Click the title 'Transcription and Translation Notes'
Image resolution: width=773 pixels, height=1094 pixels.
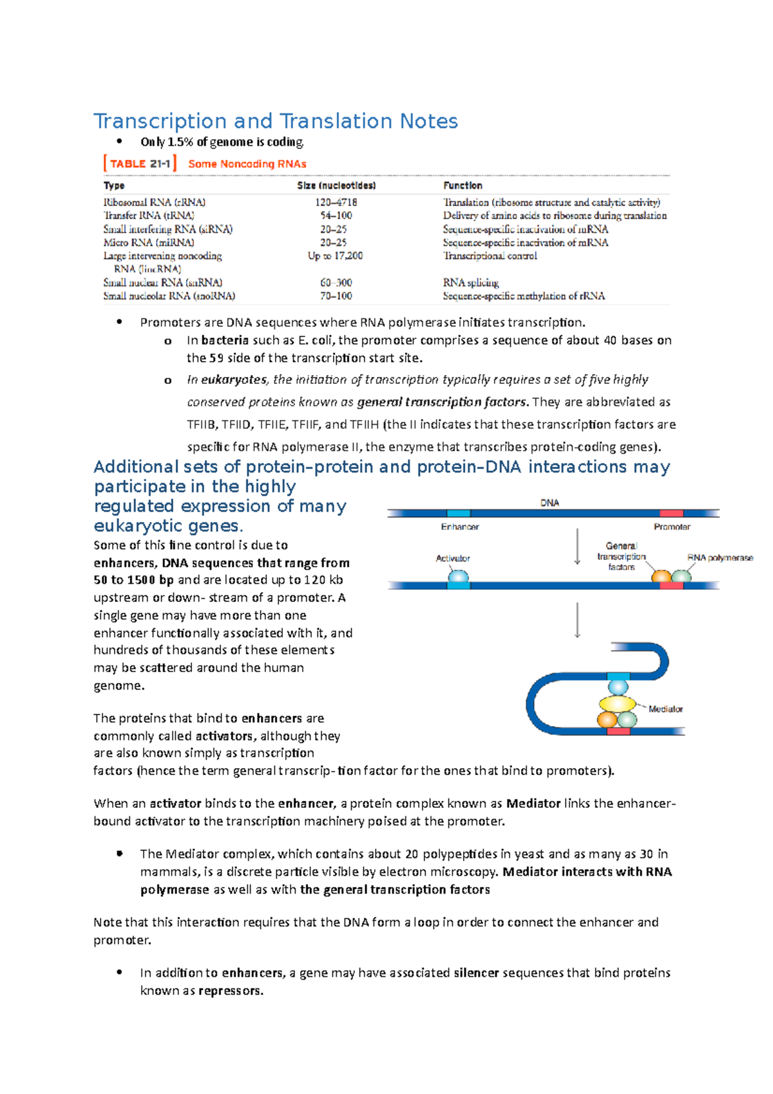(x=276, y=121)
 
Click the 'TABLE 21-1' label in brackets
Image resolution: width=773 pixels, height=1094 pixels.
(x=140, y=164)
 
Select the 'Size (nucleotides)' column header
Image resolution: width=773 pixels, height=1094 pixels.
(x=336, y=186)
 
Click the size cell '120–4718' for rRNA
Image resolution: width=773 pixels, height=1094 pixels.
(x=336, y=202)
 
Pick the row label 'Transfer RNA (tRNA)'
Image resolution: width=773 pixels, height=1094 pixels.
(x=149, y=216)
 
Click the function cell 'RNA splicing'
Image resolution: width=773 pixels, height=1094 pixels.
(x=471, y=283)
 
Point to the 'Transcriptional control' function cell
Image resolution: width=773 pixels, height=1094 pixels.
(x=490, y=256)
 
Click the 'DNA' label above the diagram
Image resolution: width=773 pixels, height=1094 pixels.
(x=549, y=503)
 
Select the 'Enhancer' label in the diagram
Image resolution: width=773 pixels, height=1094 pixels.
(x=459, y=527)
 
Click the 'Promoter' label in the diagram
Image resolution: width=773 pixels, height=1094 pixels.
(x=672, y=527)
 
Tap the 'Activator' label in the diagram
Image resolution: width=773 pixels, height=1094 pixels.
(x=453, y=559)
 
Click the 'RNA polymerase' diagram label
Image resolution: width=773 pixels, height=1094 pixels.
(x=720, y=558)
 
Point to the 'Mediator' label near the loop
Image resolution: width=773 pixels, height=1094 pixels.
(x=665, y=709)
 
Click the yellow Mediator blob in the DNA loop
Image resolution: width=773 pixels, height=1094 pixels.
(x=617, y=704)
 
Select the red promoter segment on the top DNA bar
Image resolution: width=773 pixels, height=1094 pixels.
(x=671, y=513)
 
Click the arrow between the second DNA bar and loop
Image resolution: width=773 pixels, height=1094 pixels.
(x=577, y=620)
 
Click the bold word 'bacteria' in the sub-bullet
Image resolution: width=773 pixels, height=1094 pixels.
(x=225, y=340)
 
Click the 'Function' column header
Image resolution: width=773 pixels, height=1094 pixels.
(x=463, y=186)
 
